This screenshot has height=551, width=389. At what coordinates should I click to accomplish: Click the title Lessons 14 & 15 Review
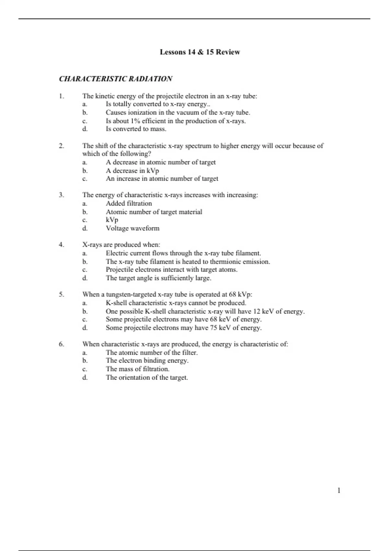(x=200, y=52)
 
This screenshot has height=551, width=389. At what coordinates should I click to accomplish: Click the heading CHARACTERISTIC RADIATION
(x=115, y=79)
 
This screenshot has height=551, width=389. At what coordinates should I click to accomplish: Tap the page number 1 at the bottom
(x=339, y=490)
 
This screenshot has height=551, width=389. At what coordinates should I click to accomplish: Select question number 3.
(x=61, y=195)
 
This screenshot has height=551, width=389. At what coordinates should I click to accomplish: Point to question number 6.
(x=61, y=344)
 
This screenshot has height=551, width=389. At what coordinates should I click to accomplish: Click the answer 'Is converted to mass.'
(x=136, y=129)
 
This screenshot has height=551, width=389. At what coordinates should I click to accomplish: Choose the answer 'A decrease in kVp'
(x=132, y=170)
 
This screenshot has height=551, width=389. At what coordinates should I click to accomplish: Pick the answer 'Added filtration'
(x=129, y=204)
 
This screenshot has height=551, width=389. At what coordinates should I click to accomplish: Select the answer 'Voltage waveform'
(x=133, y=228)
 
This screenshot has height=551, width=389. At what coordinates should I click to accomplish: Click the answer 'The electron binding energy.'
(x=147, y=360)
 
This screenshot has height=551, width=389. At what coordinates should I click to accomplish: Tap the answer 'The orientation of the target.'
(x=147, y=377)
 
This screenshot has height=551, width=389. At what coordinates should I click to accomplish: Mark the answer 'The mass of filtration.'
(x=137, y=369)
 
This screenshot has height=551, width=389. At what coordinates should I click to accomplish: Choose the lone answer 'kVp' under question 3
(x=112, y=220)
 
